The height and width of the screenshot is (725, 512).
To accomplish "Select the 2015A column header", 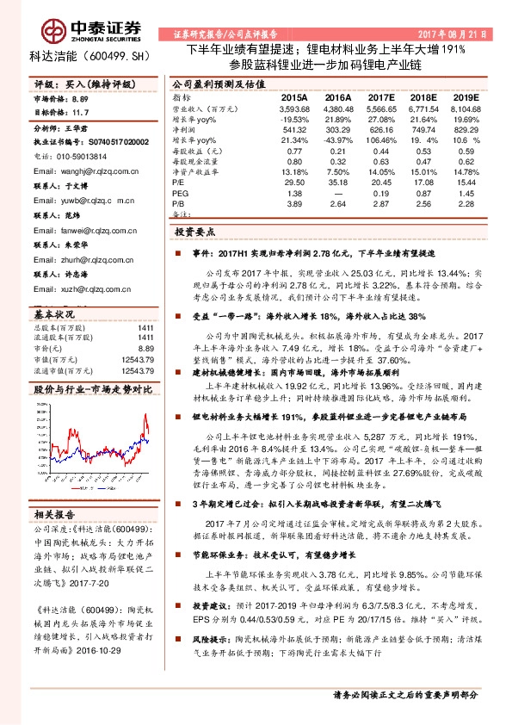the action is click(294, 99).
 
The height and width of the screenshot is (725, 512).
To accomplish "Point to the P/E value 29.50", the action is click(294, 183).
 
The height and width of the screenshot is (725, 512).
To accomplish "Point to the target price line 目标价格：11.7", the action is click(60, 112).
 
